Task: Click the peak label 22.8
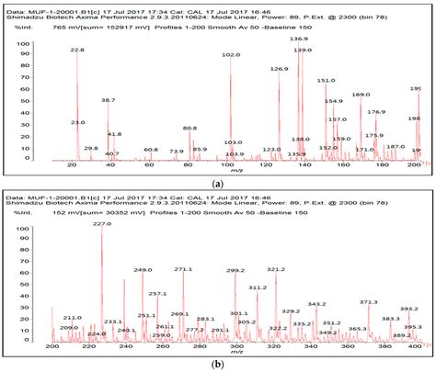(x=77, y=51)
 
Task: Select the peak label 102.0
(x=230, y=55)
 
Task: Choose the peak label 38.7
(x=109, y=100)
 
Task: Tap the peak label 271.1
(x=183, y=269)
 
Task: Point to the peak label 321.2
(x=276, y=270)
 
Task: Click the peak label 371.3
(x=368, y=302)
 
